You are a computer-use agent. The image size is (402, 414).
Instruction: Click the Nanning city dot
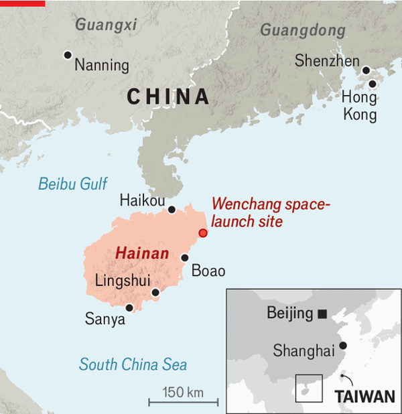(x=67, y=55)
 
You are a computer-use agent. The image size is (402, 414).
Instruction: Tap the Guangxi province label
(x=106, y=25)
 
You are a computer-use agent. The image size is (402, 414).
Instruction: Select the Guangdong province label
(x=303, y=30)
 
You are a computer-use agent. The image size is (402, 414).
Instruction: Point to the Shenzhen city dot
(x=366, y=70)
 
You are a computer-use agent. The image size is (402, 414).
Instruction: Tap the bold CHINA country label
(x=168, y=97)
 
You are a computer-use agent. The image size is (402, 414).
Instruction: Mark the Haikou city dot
(x=172, y=210)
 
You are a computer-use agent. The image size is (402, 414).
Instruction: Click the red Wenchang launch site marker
(x=203, y=233)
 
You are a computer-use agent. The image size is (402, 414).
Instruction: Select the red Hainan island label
(x=142, y=254)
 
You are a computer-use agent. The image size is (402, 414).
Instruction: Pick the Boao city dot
(x=185, y=257)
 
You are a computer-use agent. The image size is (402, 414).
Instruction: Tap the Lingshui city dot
(x=155, y=292)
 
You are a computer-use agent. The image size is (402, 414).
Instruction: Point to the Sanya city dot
(x=129, y=308)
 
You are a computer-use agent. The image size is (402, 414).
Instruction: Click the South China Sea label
(x=133, y=365)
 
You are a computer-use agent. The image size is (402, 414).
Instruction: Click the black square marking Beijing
(x=322, y=314)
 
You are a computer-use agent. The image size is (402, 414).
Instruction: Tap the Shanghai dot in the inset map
(x=343, y=346)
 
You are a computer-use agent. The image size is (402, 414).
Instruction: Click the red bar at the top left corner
(x=22, y=3)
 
